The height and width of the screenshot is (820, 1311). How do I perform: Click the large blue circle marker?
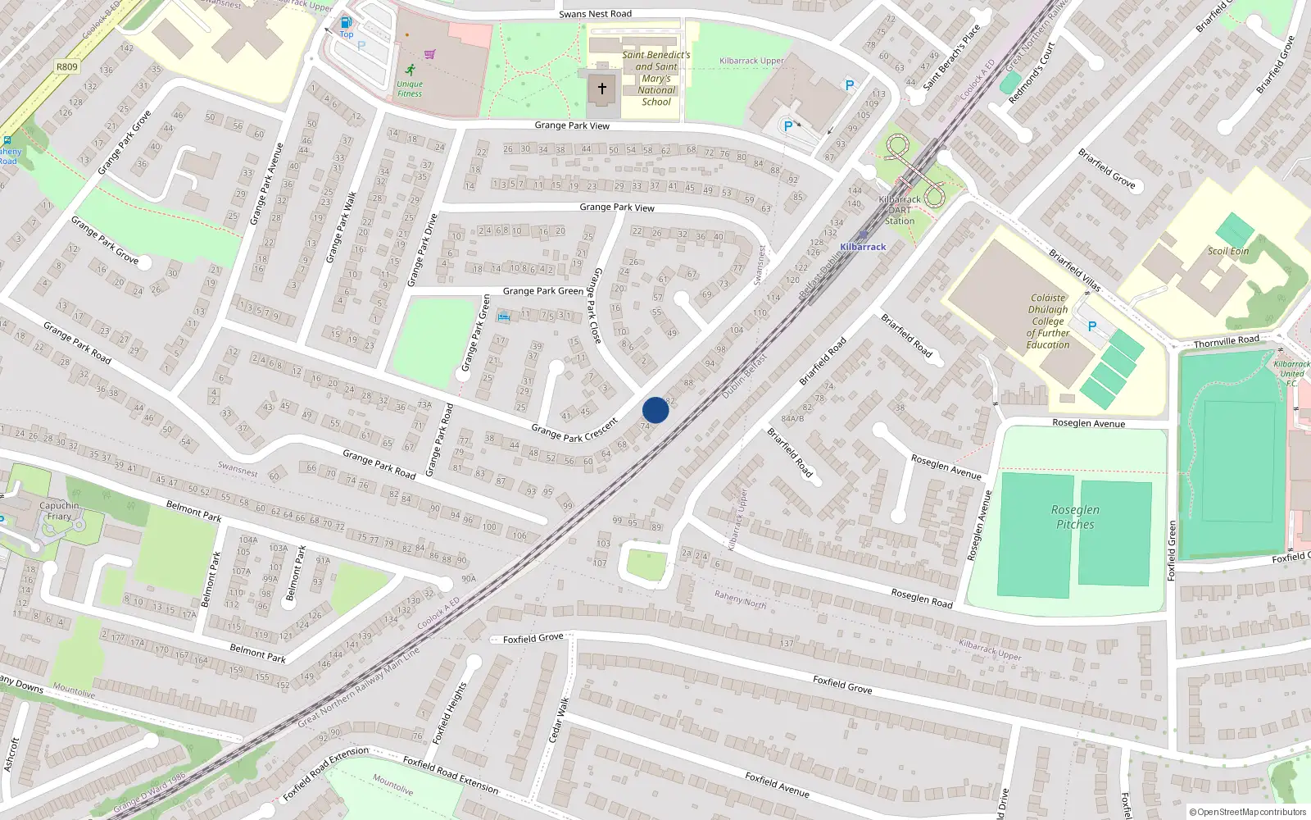pyautogui.click(x=655, y=410)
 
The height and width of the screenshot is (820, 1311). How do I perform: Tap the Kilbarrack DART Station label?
pyautogui.click(x=900, y=210)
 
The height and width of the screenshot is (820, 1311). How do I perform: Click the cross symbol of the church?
pyautogui.click(x=602, y=88)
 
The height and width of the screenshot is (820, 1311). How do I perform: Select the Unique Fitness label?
pyautogui.click(x=410, y=89)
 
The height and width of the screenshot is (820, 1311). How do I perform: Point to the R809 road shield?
pyautogui.click(x=67, y=67)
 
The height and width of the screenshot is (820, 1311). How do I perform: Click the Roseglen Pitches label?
pyautogui.click(x=1075, y=517)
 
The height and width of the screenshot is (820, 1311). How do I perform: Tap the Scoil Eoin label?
pyautogui.click(x=1227, y=251)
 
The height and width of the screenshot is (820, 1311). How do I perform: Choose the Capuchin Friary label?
pyautogui.click(x=59, y=511)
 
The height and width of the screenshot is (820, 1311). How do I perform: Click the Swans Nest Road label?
pyautogui.click(x=595, y=14)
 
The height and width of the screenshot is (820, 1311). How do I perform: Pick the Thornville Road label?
pyautogui.click(x=1226, y=341)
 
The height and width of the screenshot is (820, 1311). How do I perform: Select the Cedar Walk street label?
pyautogui.click(x=558, y=720)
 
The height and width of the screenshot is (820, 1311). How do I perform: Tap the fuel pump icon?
pyautogui.click(x=346, y=23)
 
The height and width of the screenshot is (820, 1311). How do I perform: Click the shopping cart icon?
pyautogui.click(x=429, y=55)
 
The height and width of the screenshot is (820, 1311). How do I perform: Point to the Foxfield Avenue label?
pyautogui.click(x=777, y=785)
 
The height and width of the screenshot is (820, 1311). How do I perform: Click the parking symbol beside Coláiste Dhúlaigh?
pyautogui.click(x=1091, y=326)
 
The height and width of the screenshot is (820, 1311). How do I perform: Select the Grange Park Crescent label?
pyautogui.click(x=574, y=430)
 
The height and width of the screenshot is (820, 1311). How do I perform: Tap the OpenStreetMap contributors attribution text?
pyautogui.click(x=1247, y=812)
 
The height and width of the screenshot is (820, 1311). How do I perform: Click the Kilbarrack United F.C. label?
pyautogui.click(x=1291, y=373)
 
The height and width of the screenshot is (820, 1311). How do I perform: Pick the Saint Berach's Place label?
pyautogui.click(x=951, y=57)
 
